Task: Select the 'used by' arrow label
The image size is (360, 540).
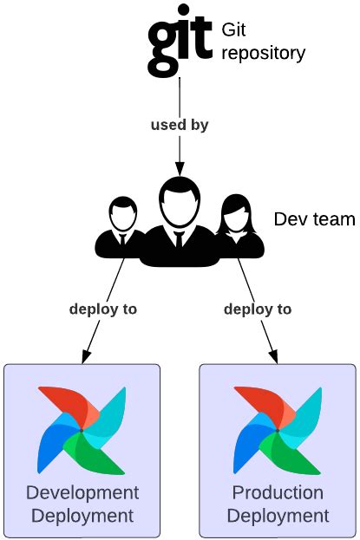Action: [x=180, y=124]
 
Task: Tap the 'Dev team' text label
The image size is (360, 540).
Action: [x=314, y=218]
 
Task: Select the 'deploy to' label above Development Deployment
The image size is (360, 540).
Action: [x=103, y=309]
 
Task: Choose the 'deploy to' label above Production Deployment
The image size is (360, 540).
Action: [x=258, y=309]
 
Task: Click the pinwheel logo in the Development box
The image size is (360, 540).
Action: [x=82, y=428]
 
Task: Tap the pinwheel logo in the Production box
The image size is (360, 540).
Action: [x=278, y=428]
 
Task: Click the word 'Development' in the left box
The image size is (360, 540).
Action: [x=82, y=493]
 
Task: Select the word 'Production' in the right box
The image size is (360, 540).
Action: [x=278, y=493]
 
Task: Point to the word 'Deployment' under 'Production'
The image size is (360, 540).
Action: [x=278, y=517]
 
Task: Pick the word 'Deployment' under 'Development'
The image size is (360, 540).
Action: [x=82, y=517]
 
